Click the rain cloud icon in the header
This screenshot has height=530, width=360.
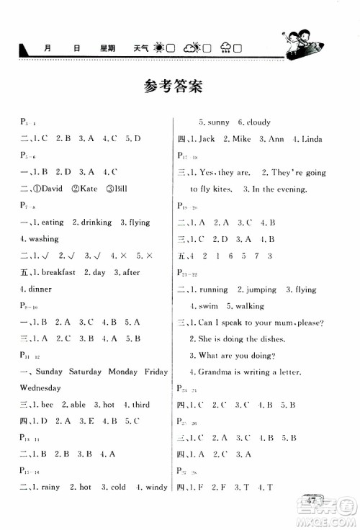pyautogui.click(x=226, y=48)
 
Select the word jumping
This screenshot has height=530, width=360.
pyautogui.click(x=260, y=289)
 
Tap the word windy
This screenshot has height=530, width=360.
pyautogui.click(x=153, y=488)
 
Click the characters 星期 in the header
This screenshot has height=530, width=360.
pyautogui.click(x=109, y=48)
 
